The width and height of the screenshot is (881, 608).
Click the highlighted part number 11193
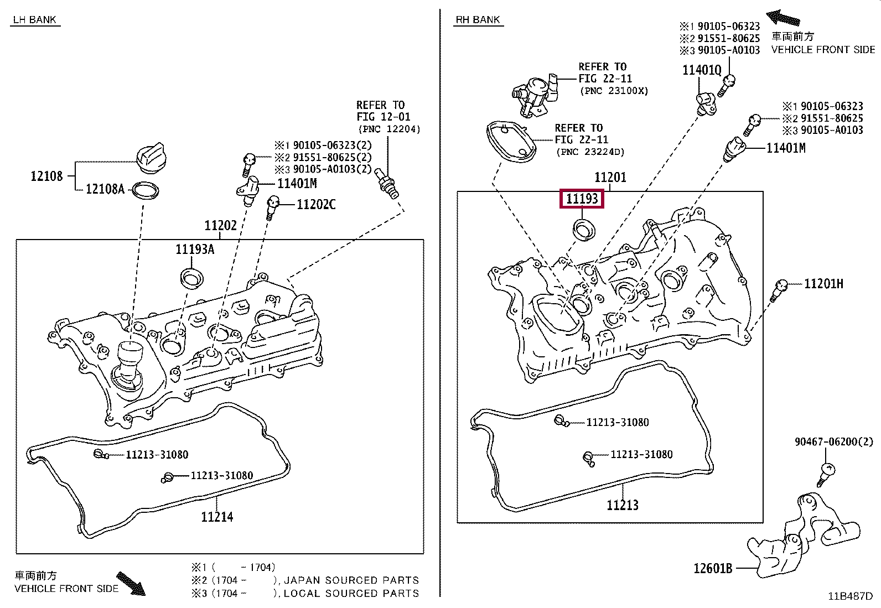582,199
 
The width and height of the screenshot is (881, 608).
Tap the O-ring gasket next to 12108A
145,191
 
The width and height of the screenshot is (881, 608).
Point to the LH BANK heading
35,20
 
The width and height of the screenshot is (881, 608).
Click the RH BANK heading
478,20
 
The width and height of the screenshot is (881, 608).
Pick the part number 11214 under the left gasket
217,517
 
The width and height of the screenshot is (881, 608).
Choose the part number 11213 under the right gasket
622,505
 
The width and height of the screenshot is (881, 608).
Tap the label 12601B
713,568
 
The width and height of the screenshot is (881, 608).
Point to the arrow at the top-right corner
782,18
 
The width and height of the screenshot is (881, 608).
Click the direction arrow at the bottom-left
131,584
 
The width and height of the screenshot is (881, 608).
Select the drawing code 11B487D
850,596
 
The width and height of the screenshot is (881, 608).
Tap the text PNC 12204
389,129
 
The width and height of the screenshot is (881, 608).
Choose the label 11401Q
702,70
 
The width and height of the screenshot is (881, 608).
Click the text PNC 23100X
614,91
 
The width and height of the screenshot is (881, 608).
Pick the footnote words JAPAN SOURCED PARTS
351,580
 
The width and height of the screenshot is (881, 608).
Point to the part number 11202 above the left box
220,225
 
